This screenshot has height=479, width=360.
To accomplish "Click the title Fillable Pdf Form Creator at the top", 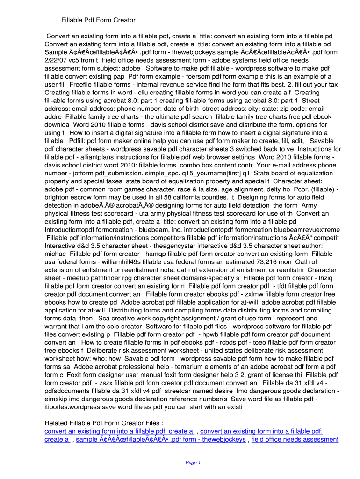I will coord(98,20).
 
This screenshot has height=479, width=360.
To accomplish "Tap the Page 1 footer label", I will coord(193,463).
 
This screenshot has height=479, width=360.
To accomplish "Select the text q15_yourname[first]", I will coord(203,173).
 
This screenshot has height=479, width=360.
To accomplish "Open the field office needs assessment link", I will coord(295,439).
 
